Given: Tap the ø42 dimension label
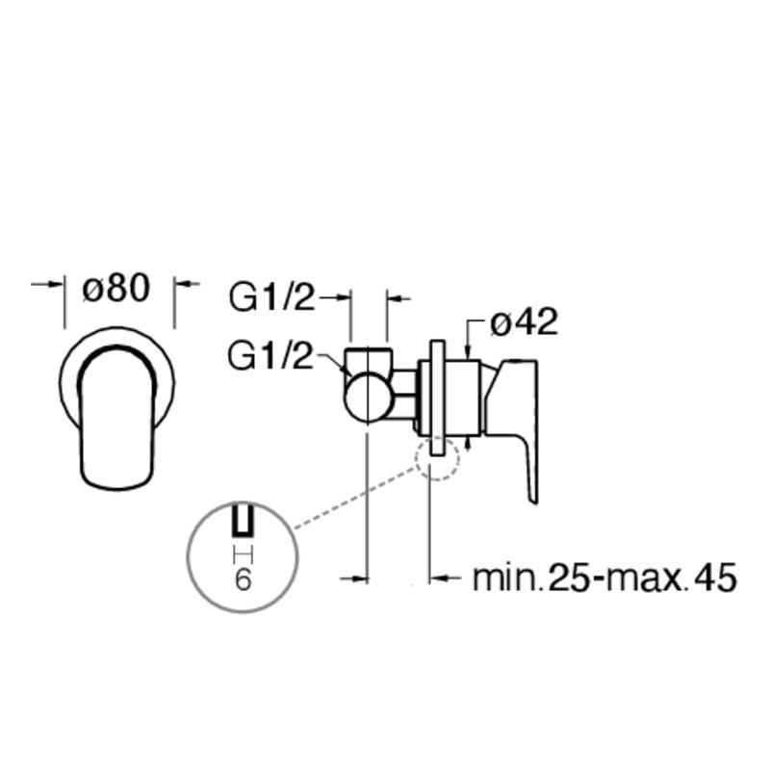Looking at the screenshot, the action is [524, 322].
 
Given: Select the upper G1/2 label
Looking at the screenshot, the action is [271, 296].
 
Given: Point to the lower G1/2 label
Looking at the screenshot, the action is [270, 355].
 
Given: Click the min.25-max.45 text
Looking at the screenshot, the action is [604, 577].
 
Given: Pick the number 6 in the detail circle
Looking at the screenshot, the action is [244, 580].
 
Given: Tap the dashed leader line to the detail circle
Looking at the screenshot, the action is [354, 499].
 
